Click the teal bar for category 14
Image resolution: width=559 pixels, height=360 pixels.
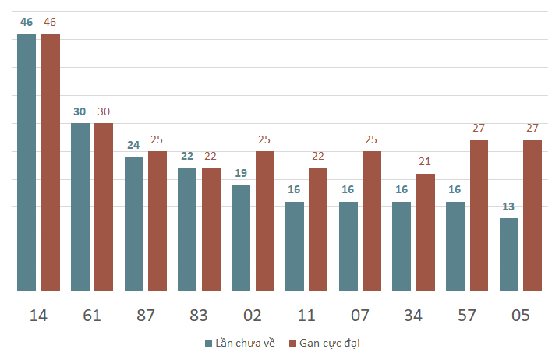(27, 162)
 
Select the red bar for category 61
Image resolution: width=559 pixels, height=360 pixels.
(104, 207)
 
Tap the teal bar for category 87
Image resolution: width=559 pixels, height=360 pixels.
(134, 224)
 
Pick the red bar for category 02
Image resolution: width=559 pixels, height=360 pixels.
(265, 221)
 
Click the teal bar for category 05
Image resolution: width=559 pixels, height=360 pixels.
(509, 255)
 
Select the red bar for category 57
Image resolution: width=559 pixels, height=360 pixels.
(479, 216)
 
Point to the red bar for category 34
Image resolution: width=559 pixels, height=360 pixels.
(426, 232)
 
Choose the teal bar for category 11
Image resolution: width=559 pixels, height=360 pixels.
(295, 246)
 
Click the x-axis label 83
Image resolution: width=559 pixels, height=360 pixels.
(199, 316)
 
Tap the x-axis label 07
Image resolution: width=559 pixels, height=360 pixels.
(359, 316)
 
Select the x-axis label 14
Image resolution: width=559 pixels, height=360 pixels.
(38, 316)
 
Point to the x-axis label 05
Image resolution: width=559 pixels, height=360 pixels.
(521, 316)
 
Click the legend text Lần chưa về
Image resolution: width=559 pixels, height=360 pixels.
(246, 344)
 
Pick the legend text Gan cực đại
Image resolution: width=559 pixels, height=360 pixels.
(330, 344)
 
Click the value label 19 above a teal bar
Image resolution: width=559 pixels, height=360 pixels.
(241, 173)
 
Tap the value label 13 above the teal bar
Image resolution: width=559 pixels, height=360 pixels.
(508, 206)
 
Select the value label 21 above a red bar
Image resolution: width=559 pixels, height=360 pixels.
(425, 161)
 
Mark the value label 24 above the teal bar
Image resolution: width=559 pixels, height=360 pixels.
(133, 145)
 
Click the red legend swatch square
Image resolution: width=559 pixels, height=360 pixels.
(292, 344)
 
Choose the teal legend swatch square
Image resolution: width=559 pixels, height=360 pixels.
(209, 344)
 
